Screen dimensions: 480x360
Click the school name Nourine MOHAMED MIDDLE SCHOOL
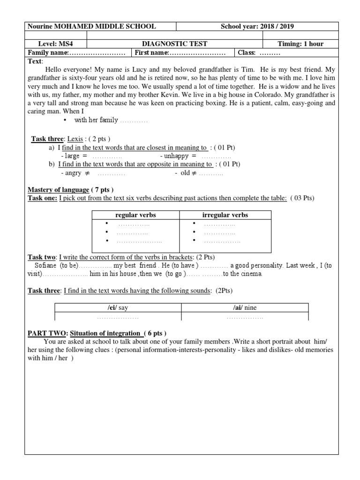tap(92, 27)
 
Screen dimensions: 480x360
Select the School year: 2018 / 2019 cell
tap(257, 27)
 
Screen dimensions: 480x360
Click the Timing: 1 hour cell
tap(300, 44)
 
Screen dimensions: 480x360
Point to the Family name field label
tap(49, 52)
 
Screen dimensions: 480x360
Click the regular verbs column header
tap(135, 215)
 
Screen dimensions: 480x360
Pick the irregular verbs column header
tap(225, 215)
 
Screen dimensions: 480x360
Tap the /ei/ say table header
tap(118, 308)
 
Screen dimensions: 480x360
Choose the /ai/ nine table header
tap(245, 308)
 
